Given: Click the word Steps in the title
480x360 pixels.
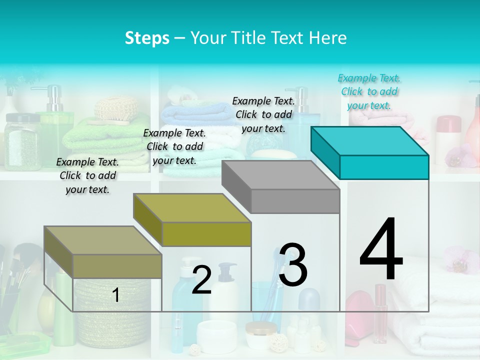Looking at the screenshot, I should click(147, 38).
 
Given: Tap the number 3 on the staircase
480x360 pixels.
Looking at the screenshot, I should click(293, 265).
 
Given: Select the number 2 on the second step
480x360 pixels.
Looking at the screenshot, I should click(201, 280).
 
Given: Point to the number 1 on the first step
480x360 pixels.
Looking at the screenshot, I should click(116, 295).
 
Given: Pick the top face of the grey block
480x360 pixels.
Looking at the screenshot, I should click(280, 175).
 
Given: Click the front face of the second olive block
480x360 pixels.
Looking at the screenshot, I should click(206, 234).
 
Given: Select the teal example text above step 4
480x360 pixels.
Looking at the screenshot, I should click(369, 91).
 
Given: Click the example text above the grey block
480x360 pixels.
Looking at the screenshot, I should click(263, 114).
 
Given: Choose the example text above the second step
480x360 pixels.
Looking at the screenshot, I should click(174, 146).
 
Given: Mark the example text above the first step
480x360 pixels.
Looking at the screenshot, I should click(87, 175).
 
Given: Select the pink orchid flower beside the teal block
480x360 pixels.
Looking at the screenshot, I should click(457, 155).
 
